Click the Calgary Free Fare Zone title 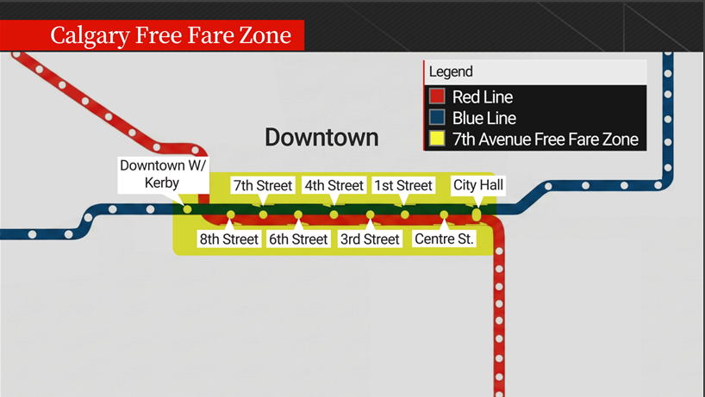click(x=170, y=36)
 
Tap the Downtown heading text click(x=321, y=137)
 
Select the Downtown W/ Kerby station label click(x=163, y=174)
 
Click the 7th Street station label click(x=263, y=185)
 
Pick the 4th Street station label click(x=334, y=185)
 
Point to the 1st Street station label click(x=402, y=185)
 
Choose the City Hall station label click(x=477, y=185)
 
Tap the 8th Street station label click(x=228, y=239)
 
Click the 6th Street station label click(x=298, y=239)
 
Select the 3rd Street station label click(x=370, y=239)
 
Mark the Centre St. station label click(x=444, y=239)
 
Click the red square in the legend click(x=437, y=97)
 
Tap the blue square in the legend click(x=437, y=118)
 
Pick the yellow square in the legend click(x=437, y=139)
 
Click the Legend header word click(x=451, y=72)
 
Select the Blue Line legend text click(x=484, y=118)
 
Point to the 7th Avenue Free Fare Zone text click(x=545, y=139)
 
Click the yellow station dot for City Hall click(x=477, y=213)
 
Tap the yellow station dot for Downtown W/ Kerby click(x=187, y=209)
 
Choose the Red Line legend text click(x=483, y=97)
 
